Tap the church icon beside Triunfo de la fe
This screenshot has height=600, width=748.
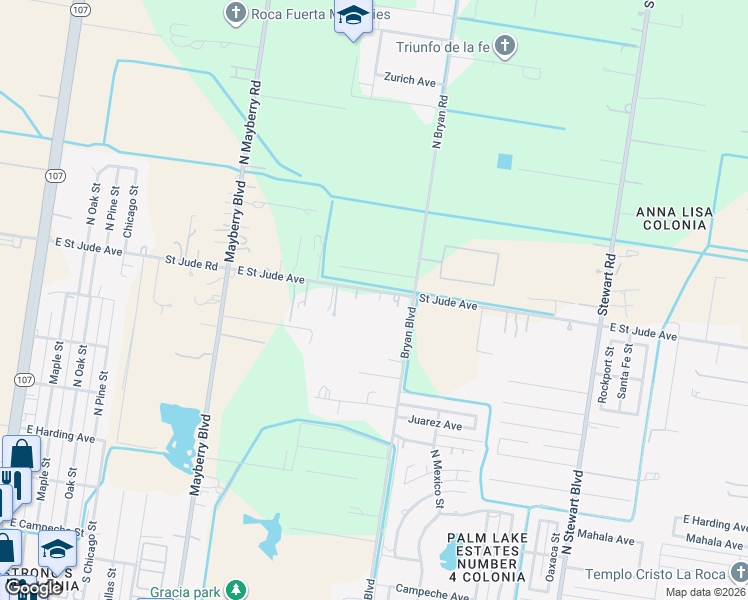point(505,46)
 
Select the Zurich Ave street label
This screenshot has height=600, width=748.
point(410,78)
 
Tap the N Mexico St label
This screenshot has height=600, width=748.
point(437,478)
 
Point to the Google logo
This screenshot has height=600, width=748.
point(33,588)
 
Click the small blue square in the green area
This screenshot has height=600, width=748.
point(504,161)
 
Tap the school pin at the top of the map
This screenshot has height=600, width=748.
point(352,17)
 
